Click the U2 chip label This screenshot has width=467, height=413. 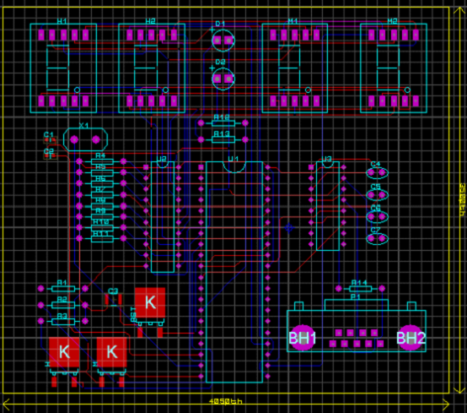[163, 159]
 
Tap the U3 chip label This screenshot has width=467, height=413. [327, 159]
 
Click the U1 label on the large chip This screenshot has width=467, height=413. [233, 159]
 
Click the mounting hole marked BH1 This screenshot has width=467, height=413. [302, 338]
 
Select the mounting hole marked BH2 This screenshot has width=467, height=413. [411, 338]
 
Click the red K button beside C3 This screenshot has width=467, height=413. [150, 302]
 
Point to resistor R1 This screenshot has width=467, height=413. [62, 289]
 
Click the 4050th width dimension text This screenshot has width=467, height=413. [227, 400]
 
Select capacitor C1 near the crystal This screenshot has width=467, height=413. [48, 135]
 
